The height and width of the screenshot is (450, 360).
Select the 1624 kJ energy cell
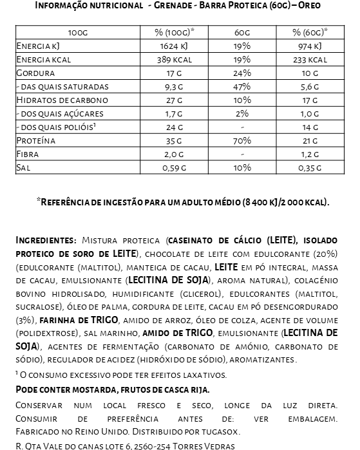tap(175, 46)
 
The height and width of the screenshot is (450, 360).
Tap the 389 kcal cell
tap(175, 60)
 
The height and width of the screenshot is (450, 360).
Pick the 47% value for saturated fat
tap(242, 86)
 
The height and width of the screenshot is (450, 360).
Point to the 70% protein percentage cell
tap(242, 140)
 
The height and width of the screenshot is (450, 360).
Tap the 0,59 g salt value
tap(175, 167)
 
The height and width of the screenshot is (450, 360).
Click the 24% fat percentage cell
tap(242, 73)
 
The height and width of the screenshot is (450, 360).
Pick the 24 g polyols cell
tap(175, 127)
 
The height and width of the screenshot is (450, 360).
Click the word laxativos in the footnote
tap(198, 374)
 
